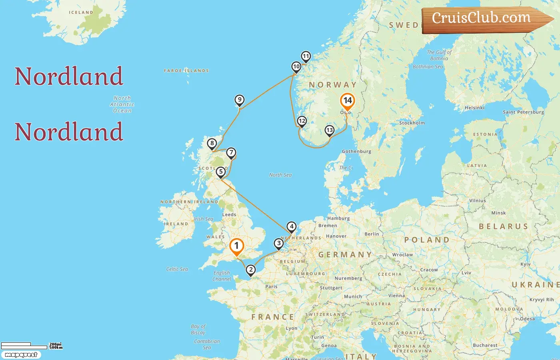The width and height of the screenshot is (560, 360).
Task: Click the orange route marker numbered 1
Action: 236,246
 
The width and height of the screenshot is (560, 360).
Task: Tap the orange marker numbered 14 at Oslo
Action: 347,101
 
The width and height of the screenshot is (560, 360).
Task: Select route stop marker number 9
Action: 239,100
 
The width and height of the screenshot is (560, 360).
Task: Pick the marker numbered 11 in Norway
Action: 306,56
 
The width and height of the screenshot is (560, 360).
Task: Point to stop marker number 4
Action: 292,227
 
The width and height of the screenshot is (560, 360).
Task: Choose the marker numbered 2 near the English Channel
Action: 251,270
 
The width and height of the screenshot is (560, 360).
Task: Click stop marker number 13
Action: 330,130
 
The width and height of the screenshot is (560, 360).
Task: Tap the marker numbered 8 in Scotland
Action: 212,143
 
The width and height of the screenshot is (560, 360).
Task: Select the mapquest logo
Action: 21,355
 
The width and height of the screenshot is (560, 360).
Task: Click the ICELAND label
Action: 81,12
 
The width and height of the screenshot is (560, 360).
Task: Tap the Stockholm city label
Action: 412,123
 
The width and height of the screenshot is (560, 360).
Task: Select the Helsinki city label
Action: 474,108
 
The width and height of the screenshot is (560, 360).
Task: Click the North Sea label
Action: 280,175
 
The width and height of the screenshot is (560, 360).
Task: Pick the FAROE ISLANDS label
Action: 186,71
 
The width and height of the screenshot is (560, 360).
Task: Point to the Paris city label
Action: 271,286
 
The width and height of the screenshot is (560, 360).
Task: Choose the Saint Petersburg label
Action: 523,112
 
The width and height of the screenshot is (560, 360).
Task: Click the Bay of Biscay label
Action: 198,329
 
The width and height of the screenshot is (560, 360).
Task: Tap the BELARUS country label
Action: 503,226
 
